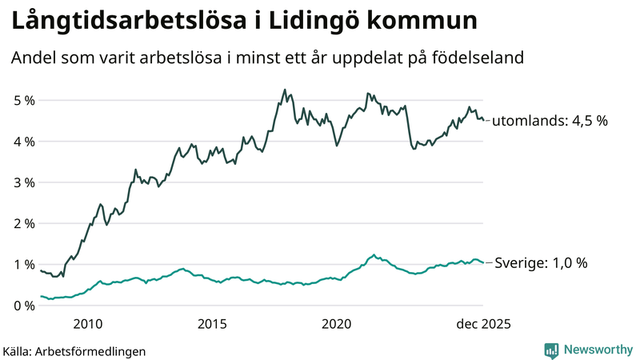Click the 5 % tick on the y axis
[x=23, y=101]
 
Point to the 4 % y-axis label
[x=23, y=142]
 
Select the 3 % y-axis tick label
[x=23, y=182]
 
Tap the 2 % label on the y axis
[x=23, y=223]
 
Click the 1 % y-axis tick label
[x=23, y=265]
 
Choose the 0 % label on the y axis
[x=23, y=306]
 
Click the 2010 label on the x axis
[x=87, y=324]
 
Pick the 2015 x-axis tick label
[x=212, y=324]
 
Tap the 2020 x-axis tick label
[x=337, y=324]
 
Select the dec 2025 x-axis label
[x=482, y=324]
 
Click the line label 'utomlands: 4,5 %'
[x=550, y=121]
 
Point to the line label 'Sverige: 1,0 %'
[x=542, y=262]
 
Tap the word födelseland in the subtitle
[x=486, y=58]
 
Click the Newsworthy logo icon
[x=551, y=350]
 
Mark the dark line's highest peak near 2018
[x=285, y=90]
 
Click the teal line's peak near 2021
[x=374, y=255]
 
